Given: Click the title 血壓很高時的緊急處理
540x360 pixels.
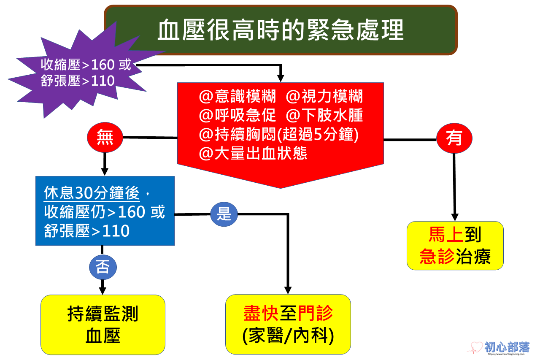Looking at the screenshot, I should [281, 30].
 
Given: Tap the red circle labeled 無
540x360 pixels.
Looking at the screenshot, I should [105, 138].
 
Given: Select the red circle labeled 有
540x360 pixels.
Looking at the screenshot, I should [454, 138].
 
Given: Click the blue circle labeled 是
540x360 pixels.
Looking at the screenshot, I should [224, 214].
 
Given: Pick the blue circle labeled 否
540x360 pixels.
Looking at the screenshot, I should [103, 267].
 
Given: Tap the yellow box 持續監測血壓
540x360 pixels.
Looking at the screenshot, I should [103, 325].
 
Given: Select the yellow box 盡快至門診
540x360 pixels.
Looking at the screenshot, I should [288, 324].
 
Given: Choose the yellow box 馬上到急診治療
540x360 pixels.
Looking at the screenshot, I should [455, 245].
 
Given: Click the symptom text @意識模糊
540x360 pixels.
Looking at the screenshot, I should [238, 97].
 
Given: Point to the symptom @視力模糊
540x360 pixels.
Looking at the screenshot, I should [324, 97].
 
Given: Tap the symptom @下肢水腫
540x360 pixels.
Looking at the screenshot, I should [324, 115].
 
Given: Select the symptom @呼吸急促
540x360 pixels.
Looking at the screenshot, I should [238, 115].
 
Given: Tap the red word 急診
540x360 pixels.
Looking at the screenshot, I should [437, 256].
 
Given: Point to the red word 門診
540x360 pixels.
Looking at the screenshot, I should [316, 313].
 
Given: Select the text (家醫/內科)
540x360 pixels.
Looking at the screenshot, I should [288, 336].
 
